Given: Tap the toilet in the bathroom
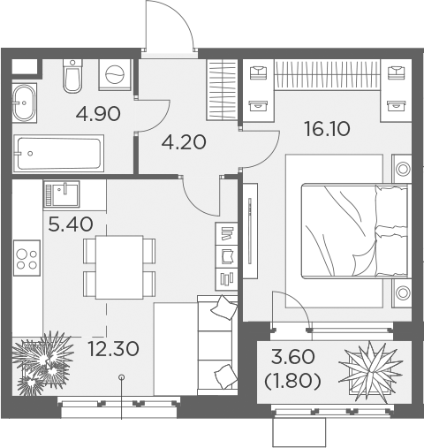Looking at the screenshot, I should coord(73,79).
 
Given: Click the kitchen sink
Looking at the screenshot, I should coord(61,192).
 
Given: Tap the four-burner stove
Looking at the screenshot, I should coord(27,257).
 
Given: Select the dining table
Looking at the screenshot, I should coord(119,267).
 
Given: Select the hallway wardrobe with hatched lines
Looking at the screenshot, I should coord(223,90).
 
